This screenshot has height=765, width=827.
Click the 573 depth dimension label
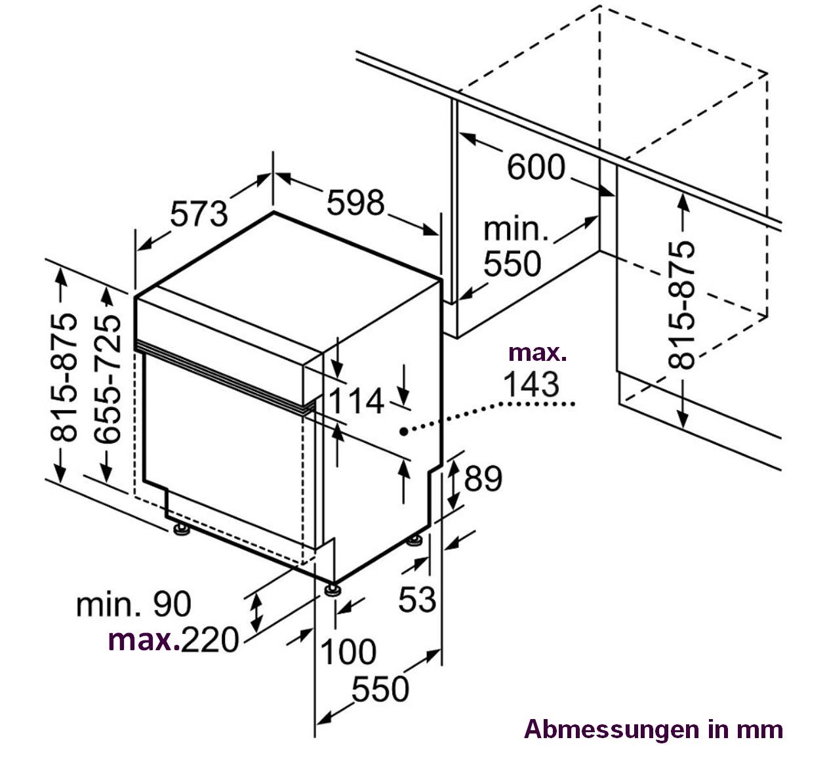(x=199, y=214)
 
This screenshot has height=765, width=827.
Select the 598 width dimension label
(x=355, y=203)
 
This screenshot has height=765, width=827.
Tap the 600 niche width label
(x=536, y=167)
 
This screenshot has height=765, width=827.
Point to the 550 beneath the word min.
(x=512, y=264)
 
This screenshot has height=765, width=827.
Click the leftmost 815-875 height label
(x=64, y=377)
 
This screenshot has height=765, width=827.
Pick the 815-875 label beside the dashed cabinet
(x=681, y=306)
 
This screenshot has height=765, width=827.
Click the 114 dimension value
(x=357, y=401)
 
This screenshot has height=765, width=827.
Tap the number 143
(x=531, y=384)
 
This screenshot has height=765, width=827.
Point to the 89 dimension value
(x=483, y=479)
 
